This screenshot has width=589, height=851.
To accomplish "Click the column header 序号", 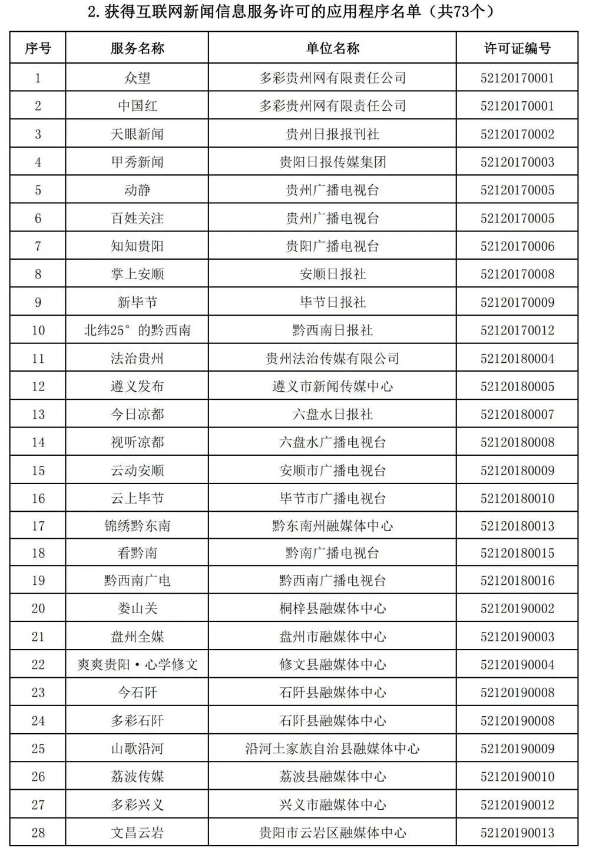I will pyautogui.click(x=38, y=48).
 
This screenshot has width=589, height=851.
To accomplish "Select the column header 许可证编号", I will pyautogui.click(x=517, y=48).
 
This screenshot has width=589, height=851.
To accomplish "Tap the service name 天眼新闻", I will pyautogui.click(x=137, y=134).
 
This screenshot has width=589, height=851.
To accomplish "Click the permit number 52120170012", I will pyautogui.click(x=517, y=330).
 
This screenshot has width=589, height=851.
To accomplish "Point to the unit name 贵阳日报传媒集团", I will pyautogui.click(x=332, y=162).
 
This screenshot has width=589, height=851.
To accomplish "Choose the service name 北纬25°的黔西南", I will pyautogui.click(x=137, y=330).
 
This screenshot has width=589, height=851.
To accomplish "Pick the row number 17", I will pyautogui.click(x=38, y=526).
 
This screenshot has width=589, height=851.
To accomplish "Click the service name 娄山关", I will pyautogui.click(x=137, y=608).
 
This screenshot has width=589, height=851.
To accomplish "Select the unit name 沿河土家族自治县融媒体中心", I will pyautogui.click(x=332, y=749).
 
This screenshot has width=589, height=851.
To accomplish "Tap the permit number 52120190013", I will pyautogui.click(x=517, y=833).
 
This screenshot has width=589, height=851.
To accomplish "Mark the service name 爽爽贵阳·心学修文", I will pyautogui.click(x=137, y=664).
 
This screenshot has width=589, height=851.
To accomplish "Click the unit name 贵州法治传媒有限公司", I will pyautogui.click(x=332, y=359).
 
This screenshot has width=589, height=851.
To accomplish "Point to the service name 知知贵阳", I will pyautogui.click(x=137, y=246).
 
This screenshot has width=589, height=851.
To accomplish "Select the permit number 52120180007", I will pyautogui.click(x=517, y=415).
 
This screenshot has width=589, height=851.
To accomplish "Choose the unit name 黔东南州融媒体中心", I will pyautogui.click(x=332, y=526).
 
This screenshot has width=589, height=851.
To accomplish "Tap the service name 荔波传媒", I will pyautogui.click(x=137, y=776).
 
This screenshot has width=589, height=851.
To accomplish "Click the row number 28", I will pyautogui.click(x=38, y=833).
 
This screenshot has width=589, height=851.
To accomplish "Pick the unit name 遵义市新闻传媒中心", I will pyautogui.click(x=332, y=386).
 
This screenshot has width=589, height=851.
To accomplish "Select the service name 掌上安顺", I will pyautogui.click(x=137, y=274).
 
